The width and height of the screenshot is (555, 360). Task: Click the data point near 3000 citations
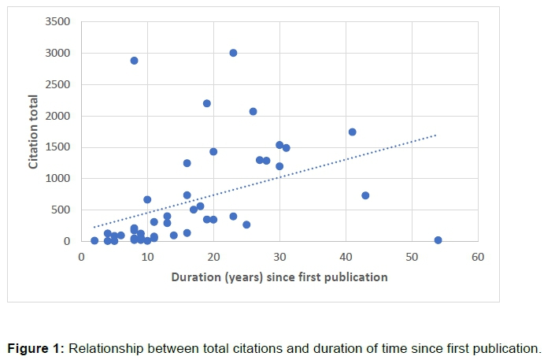tap(233, 53)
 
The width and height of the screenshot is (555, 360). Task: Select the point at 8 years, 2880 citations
tap(134, 61)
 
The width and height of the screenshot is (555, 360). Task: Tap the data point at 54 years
tap(438, 240)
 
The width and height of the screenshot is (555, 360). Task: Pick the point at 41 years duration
tap(352, 132)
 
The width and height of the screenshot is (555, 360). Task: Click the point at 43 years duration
tap(365, 195)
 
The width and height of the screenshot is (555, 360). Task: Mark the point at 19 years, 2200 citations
tap(207, 103)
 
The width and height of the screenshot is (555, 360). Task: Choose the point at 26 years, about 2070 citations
tap(253, 112)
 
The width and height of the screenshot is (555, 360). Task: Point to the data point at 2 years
tap(94, 240)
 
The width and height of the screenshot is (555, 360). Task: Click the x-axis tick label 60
tap(478, 257)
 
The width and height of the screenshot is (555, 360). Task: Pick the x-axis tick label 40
tap(346, 257)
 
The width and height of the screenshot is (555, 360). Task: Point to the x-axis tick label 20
tap(213, 257)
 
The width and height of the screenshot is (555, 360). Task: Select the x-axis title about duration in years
tap(279, 276)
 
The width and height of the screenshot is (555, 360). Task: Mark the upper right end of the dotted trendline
tap(435, 135)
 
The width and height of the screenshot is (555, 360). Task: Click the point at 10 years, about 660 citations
tap(147, 199)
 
